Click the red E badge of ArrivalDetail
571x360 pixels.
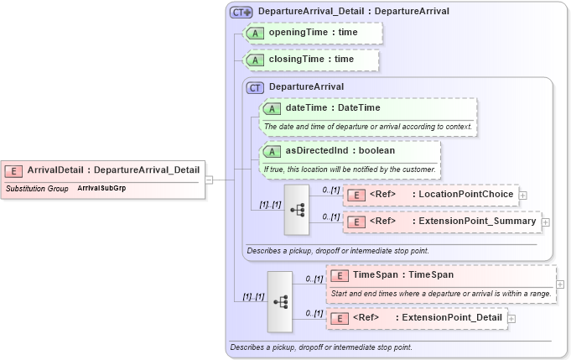tap(13, 170)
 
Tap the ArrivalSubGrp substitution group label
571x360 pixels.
tap(101, 189)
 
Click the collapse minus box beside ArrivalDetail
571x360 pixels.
tap(209, 179)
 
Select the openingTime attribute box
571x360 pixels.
tap(312, 32)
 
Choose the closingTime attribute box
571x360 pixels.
tap(310, 60)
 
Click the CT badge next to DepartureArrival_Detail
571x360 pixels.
tap(242, 12)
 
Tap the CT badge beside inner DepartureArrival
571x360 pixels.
tap(255, 86)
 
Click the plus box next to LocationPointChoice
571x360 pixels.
tap(523, 195)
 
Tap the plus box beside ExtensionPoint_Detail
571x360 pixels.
tap(511, 318)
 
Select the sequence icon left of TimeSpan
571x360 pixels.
tap(279, 300)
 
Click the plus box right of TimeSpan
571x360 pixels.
tap(560, 284)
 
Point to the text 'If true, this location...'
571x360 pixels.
tap(350, 169)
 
